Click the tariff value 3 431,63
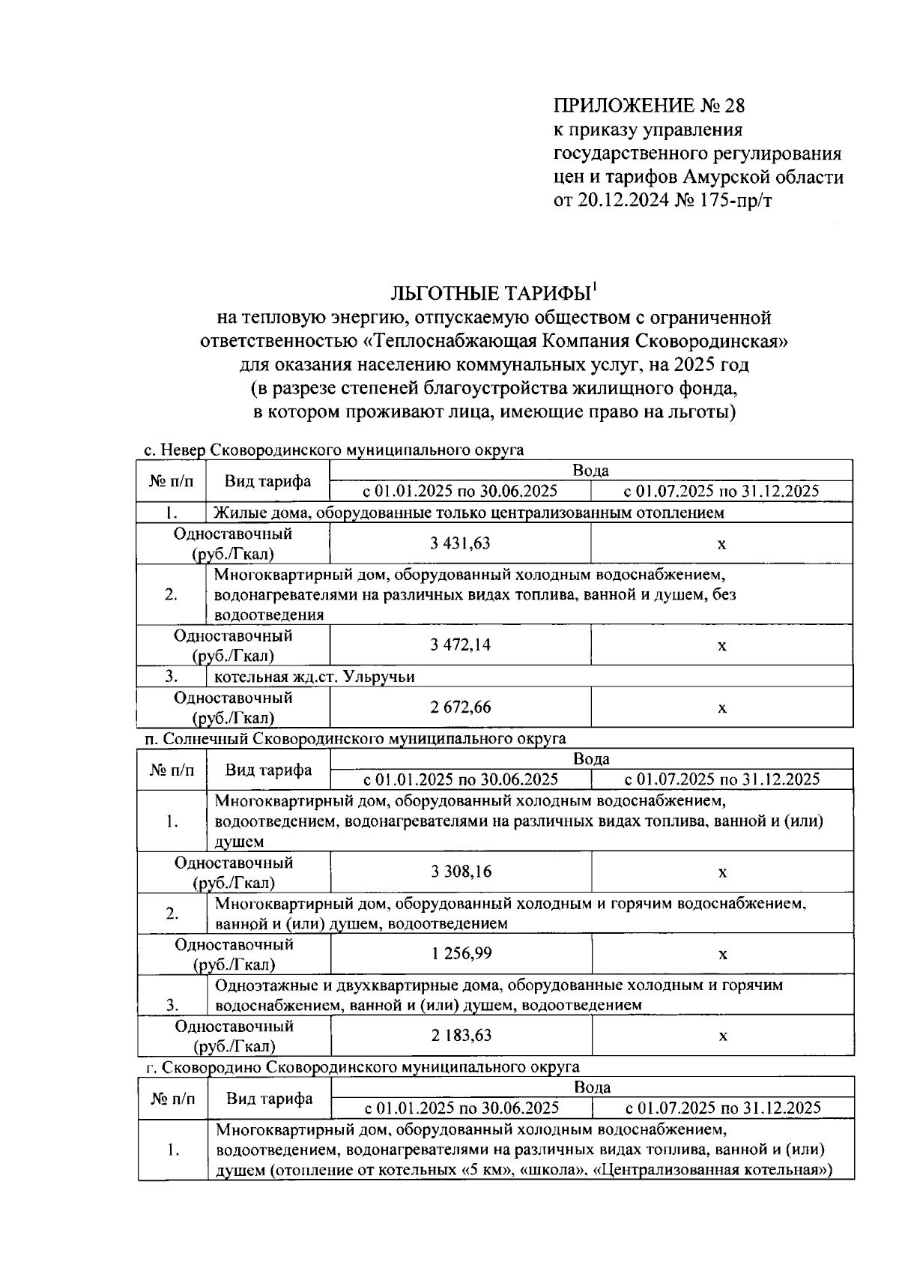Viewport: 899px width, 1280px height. (x=460, y=543)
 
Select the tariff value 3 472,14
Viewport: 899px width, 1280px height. (x=460, y=644)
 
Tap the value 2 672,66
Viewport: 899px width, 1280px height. (x=460, y=707)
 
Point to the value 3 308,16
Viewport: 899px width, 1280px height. (x=461, y=872)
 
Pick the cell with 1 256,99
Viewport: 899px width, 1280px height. (x=461, y=953)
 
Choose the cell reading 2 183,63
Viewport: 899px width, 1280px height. (x=461, y=1035)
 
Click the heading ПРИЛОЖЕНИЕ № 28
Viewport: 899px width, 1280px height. (x=650, y=104)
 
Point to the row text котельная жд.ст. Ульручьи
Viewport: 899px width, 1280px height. (x=315, y=677)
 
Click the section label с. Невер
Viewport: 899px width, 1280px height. (x=174, y=450)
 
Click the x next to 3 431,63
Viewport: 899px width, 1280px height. (x=721, y=544)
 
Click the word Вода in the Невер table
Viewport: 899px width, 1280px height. (x=590, y=471)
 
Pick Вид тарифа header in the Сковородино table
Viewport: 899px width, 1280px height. (x=270, y=1099)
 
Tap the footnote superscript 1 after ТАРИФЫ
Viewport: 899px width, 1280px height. (x=594, y=286)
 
